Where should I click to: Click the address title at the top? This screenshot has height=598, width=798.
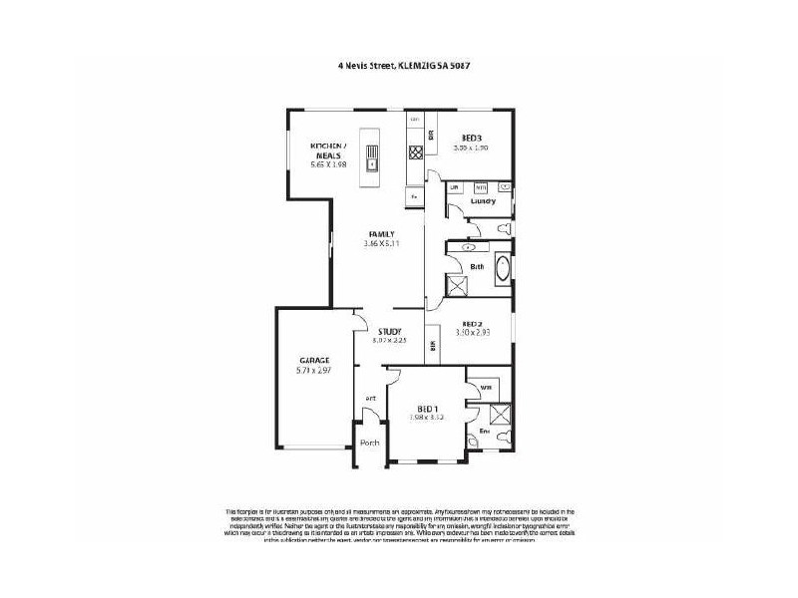point(403,65)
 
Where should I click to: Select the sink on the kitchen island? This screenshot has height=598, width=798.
point(372,160)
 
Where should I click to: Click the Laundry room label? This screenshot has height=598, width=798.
point(483,201)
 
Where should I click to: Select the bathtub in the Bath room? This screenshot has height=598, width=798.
point(500,269)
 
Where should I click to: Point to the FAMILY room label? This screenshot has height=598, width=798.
point(381,234)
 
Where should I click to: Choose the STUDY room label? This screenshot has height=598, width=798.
point(389,331)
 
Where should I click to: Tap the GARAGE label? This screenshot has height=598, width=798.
point(314,360)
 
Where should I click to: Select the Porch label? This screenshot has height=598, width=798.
point(369,443)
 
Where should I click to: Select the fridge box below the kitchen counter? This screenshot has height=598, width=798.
point(413,196)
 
